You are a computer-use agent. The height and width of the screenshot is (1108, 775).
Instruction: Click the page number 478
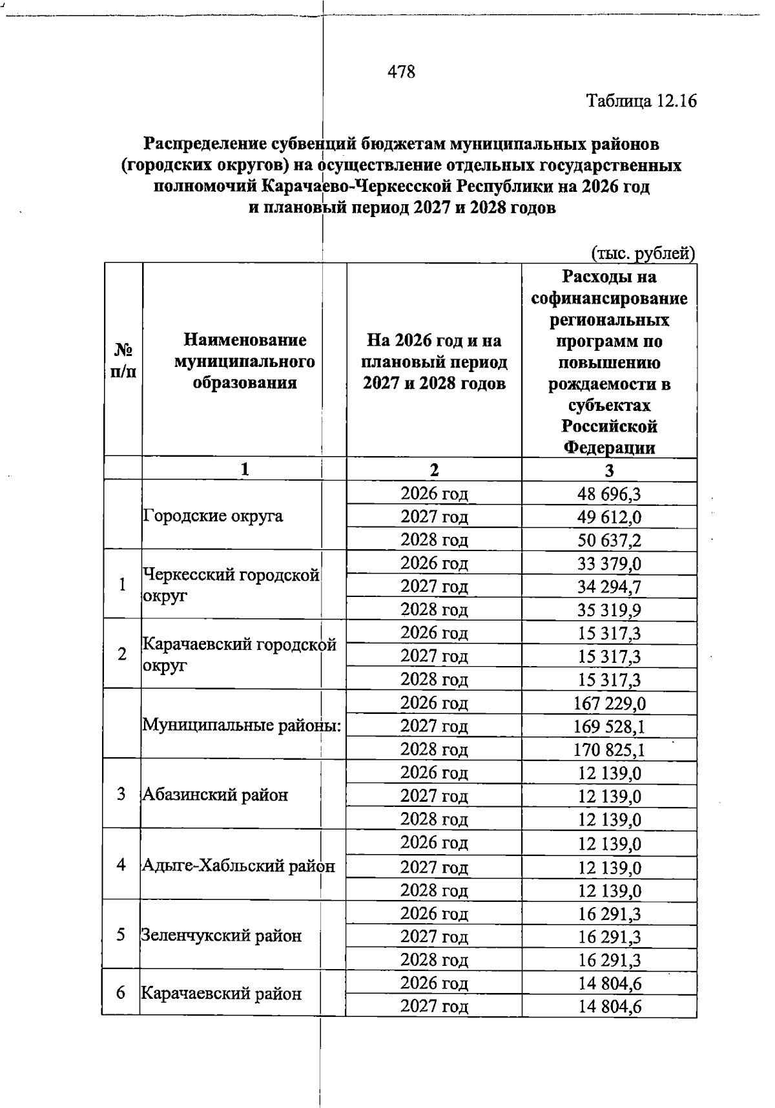pyautogui.click(x=401, y=72)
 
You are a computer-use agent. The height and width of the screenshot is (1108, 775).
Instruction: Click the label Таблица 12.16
pyautogui.click(x=642, y=101)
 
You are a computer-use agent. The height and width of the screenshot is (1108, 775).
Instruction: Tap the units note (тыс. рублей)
pyautogui.click(x=643, y=253)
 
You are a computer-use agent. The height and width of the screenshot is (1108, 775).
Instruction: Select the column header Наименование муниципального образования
pyautogui.click(x=244, y=361)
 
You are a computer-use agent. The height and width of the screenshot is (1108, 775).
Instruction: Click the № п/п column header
pyautogui.click(x=123, y=361)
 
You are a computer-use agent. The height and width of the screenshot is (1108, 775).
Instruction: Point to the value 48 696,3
pyautogui.click(x=609, y=494)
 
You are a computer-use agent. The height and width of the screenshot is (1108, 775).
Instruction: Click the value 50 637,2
pyautogui.click(x=609, y=540)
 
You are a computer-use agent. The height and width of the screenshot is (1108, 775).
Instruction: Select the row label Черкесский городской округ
pyautogui.click(x=231, y=585)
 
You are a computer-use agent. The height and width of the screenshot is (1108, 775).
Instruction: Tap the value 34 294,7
pyautogui.click(x=609, y=587)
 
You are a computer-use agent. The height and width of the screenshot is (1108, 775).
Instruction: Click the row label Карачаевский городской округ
pyautogui.click(x=239, y=654)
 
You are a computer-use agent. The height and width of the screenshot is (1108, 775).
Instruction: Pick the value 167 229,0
pyautogui.click(x=609, y=704)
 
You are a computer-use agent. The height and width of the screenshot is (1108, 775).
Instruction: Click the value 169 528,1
pyautogui.click(x=609, y=727)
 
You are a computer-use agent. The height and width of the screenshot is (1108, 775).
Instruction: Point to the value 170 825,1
pyautogui.click(x=609, y=750)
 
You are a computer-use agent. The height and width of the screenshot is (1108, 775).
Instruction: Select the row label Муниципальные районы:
pyautogui.click(x=242, y=725)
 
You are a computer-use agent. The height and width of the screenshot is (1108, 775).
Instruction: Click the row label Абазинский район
pyautogui.click(x=215, y=795)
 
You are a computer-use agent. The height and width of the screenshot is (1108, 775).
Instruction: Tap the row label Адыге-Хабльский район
pyautogui.click(x=238, y=866)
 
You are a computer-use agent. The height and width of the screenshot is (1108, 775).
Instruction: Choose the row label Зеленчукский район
pyautogui.click(x=222, y=936)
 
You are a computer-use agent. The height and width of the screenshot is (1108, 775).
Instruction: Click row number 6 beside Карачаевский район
pyautogui.click(x=121, y=993)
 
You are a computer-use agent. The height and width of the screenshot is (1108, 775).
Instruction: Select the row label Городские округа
pyautogui.click(x=213, y=516)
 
